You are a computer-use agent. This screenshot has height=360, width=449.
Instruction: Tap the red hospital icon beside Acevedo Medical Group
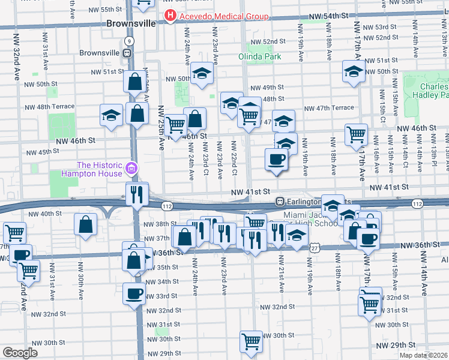tap(170, 16)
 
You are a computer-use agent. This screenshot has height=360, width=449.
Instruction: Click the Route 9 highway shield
tap(128, 40)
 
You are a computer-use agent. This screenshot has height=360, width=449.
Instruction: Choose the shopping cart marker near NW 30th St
tap(251, 341)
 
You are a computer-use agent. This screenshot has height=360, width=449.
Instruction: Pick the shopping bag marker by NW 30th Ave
tap(86, 224)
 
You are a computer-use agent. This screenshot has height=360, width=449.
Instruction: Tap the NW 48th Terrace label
tap(50, 107)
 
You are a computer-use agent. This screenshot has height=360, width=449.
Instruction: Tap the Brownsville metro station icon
tap(128, 52)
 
